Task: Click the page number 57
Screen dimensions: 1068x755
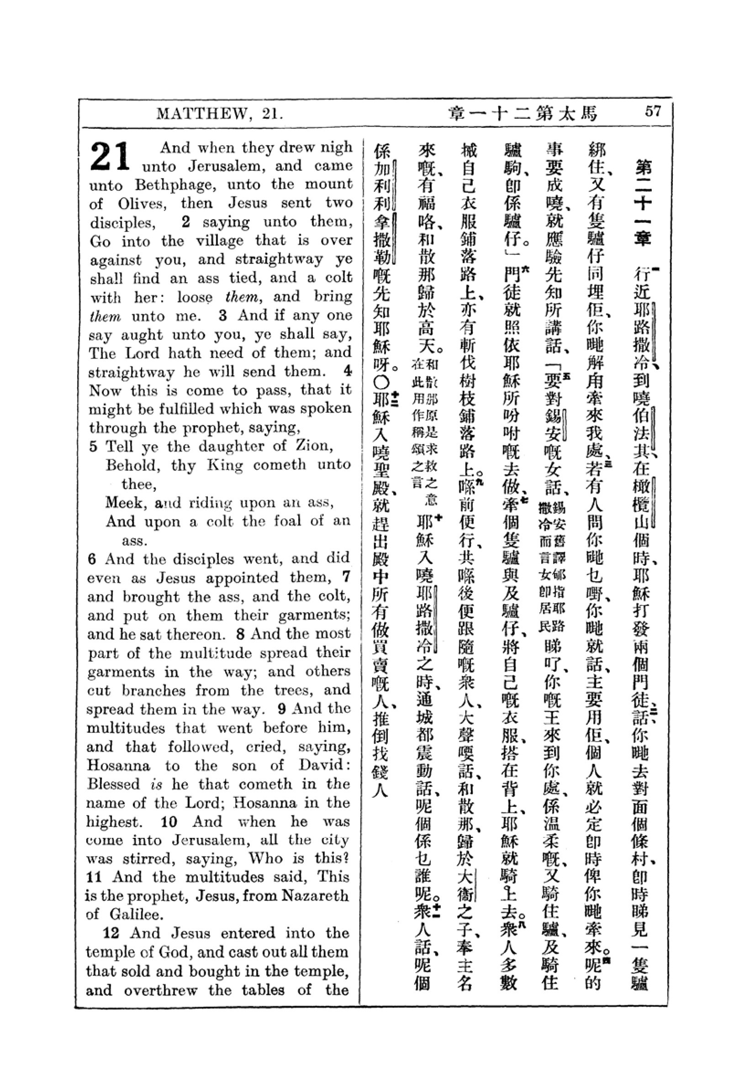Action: (652, 111)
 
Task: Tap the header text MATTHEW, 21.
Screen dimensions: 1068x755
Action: (220, 114)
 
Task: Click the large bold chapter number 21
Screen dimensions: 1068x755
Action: (110, 157)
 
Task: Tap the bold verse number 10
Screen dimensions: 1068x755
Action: (169, 821)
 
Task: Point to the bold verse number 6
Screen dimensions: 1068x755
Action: (93, 558)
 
